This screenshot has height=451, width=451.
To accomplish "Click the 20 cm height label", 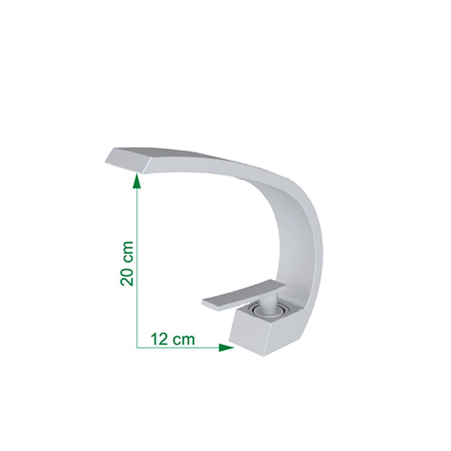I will (x=127, y=263).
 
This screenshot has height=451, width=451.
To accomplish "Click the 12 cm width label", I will (x=173, y=339).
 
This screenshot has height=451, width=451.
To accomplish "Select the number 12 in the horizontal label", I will (x=159, y=339).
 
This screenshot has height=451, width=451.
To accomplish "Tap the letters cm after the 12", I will (x=184, y=339).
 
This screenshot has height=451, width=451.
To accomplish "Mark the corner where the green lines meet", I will (x=137, y=347).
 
